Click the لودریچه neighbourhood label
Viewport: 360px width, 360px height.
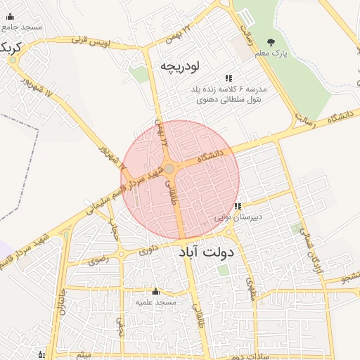180,67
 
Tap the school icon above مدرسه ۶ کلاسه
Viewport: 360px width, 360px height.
227,78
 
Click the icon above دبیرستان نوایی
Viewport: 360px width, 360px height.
238,207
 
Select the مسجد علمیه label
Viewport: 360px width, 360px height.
155,302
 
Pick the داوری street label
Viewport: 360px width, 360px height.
148,249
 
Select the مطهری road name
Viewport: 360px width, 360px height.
251,285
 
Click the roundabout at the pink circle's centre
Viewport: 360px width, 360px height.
169,169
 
